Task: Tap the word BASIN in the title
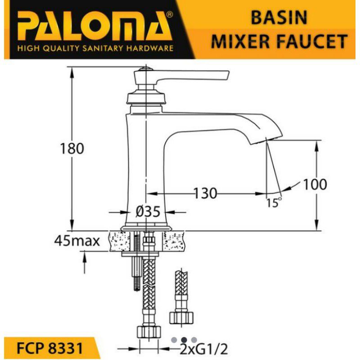click(x=279, y=18)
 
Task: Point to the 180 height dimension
click(x=72, y=148)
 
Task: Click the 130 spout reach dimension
click(x=205, y=193)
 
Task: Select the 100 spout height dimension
click(x=315, y=184)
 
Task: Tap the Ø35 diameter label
click(x=148, y=211)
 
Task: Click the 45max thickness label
click(x=77, y=241)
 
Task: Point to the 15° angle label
click(x=274, y=202)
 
